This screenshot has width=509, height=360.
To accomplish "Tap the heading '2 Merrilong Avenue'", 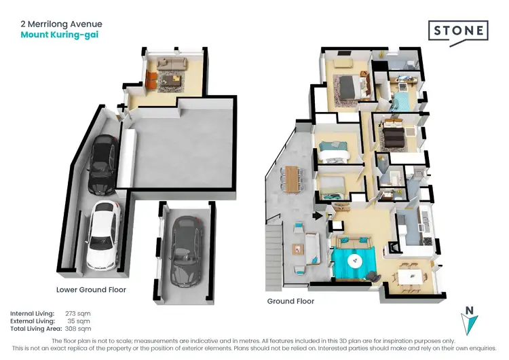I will [x=61, y=24].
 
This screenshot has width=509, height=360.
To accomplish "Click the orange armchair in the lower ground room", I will [x=151, y=82].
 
